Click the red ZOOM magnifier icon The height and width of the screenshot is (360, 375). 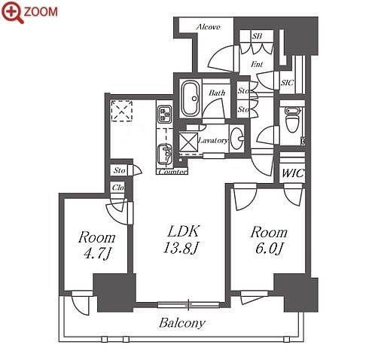tap(13, 12)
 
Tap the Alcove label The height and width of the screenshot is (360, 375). tap(208, 27)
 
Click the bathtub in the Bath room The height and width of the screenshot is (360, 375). tap(191, 98)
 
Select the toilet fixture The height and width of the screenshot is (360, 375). tap(292, 120)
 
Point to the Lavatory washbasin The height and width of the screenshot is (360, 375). tap(237, 139)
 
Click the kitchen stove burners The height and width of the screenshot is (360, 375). tap(165, 114)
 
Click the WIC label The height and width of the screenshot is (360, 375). tap(293, 173)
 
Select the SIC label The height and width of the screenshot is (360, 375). tap(287, 83)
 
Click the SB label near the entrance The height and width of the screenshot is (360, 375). tap(257, 36)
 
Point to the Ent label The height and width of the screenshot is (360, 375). tap(257, 64)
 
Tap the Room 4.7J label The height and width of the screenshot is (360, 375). tap(97, 246)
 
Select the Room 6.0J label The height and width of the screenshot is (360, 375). tap(269, 240)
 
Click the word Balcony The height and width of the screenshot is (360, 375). tap(182, 323)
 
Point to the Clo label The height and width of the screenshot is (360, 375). tap(117, 188)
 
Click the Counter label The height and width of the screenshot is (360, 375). tap(173, 172)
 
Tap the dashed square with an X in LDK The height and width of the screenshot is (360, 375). tap(122, 111)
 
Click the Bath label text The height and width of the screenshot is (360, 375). tap(217, 93)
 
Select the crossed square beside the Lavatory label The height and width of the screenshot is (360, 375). tap(188, 142)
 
